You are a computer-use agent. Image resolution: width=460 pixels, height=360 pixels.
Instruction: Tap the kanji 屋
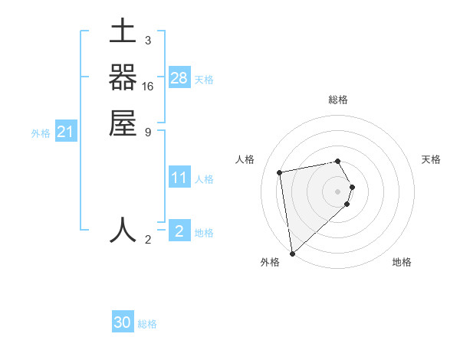[123, 123]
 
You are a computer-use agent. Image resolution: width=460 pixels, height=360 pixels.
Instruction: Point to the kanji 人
[123, 231]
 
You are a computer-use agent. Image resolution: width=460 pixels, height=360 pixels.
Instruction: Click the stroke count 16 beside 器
[148, 87]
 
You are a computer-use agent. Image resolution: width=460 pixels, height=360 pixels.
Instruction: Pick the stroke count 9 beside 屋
[148, 132]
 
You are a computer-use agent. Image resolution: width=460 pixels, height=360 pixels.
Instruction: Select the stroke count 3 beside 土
[148, 40]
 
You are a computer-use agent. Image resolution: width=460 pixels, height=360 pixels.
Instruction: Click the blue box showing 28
[179, 78]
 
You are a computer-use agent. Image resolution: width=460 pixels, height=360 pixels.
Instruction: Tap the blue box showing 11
[179, 178]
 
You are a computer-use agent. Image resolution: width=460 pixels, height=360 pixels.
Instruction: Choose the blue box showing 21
[66, 133]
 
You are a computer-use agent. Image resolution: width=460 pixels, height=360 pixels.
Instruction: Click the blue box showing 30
[123, 322]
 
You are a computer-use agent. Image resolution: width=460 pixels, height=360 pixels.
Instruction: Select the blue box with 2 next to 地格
[179, 231]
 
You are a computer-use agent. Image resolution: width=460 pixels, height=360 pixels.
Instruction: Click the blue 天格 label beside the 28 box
[204, 80]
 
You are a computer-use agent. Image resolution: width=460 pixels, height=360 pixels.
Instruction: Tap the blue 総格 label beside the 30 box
[147, 324]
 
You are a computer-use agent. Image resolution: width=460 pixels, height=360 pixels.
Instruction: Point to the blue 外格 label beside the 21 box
[41, 133]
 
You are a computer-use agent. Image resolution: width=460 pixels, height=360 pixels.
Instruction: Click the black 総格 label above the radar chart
[338, 100]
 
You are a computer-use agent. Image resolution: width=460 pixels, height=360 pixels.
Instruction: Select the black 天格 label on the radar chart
[432, 159]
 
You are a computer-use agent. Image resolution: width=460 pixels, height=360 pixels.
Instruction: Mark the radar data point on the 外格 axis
[292, 253]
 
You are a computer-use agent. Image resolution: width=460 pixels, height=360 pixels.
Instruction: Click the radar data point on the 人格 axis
[280, 172]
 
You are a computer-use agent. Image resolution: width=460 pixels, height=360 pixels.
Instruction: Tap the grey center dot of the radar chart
[338, 191]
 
